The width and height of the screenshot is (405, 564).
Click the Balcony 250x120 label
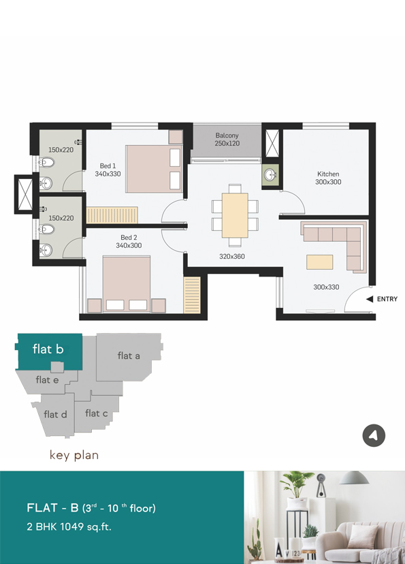point(227,140)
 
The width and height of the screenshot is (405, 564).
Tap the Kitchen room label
point(328,174)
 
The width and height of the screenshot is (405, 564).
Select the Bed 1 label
point(108,166)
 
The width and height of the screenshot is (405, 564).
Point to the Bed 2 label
point(129,238)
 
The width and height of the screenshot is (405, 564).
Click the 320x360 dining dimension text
point(232,257)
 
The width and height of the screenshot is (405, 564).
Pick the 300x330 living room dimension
point(326,287)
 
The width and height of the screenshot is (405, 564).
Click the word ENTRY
point(387,299)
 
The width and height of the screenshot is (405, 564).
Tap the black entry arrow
point(370,299)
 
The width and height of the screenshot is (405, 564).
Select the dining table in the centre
point(235,215)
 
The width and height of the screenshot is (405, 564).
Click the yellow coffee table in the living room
point(319,262)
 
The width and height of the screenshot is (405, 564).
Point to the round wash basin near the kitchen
point(270,175)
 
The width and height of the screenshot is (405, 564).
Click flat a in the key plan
point(129,356)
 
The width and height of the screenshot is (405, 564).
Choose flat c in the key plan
point(96,413)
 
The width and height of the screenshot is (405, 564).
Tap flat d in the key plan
point(55,414)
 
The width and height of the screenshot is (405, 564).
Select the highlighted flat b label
point(48,349)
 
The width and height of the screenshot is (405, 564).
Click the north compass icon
point(374,435)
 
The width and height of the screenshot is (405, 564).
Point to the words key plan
point(74,455)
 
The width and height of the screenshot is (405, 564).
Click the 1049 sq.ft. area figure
point(86,527)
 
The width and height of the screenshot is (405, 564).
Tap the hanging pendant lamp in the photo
point(354,478)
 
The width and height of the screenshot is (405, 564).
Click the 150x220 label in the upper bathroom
point(61,150)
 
